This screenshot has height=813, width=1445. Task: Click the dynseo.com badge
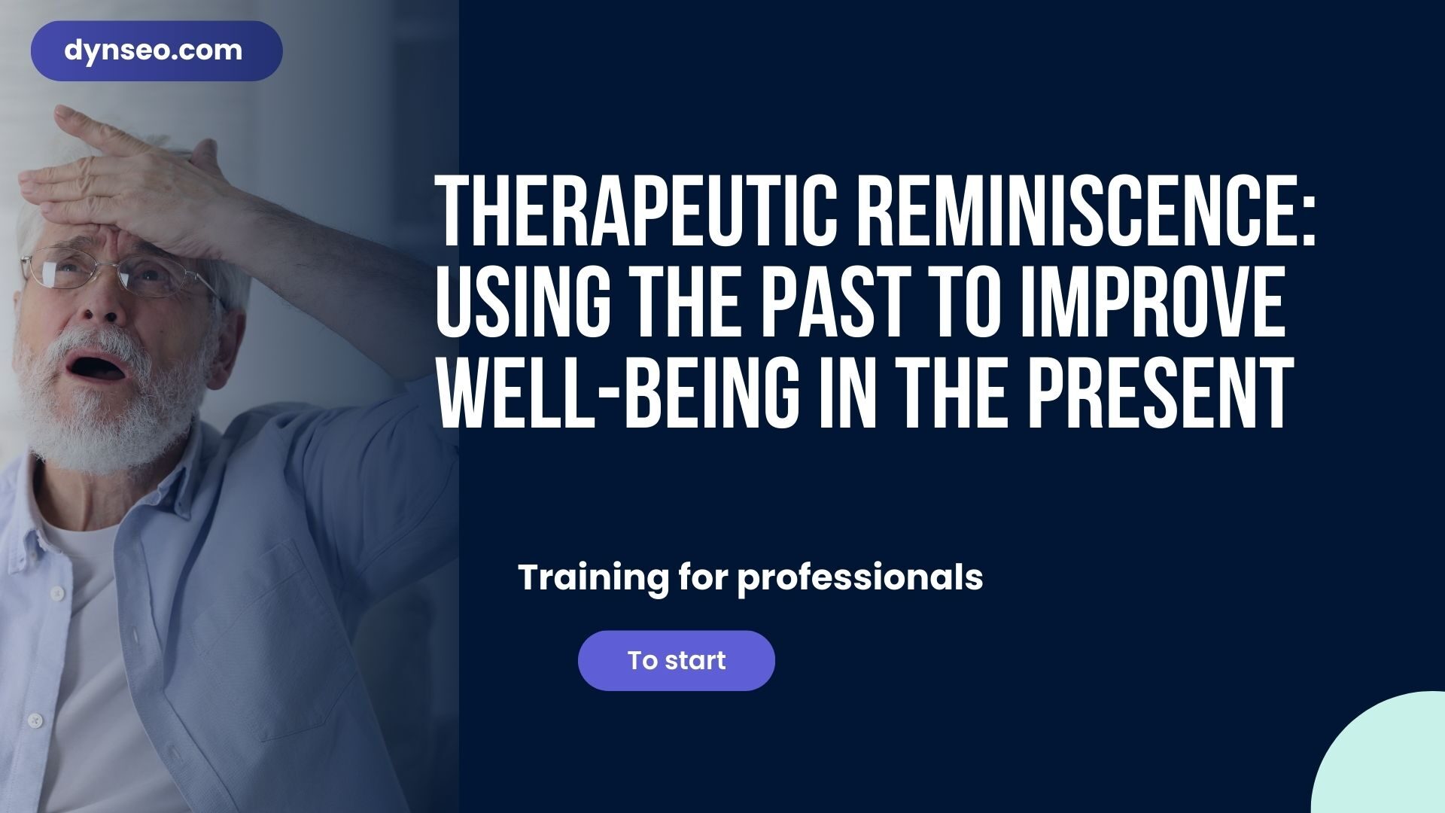click(156, 51)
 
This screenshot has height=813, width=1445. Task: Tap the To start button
click(676, 660)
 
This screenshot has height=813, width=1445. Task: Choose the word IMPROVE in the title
click(1151, 305)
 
